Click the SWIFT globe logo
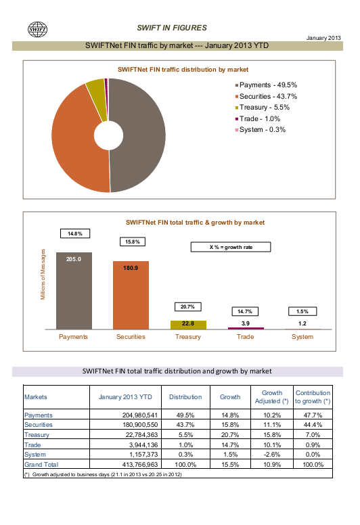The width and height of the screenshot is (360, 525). click(x=37, y=29)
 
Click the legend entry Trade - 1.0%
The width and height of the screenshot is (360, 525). click(x=258, y=119)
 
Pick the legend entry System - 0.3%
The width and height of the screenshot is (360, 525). click(x=261, y=130)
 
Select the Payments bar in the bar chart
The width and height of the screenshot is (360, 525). click(x=74, y=291)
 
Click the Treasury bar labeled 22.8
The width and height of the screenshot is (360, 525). click(x=188, y=325)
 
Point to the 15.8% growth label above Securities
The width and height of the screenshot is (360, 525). click(x=133, y=242)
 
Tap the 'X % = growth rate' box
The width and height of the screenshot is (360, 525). click(x=231, y=247)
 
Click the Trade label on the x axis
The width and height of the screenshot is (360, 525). click(x=245, y=337)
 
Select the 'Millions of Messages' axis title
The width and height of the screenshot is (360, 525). click(x=43, y=274)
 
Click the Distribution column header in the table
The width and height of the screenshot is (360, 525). click(x=185, y=397)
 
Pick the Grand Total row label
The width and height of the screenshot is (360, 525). click(x=41, y=465)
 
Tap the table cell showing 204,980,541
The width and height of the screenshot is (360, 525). click(x=139, y=415)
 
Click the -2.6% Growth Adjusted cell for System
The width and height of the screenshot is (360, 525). click(x=271, y=455)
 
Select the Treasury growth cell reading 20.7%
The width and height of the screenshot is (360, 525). click(x=230, y=435)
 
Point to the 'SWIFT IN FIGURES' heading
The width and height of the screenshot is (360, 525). click(x=172, y=28)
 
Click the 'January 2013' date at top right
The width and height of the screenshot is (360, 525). click(x=323, y=38)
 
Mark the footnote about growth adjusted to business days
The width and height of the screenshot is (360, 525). click(x=103, y=474)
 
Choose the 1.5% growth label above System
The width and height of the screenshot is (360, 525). click(x=302, y=311)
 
